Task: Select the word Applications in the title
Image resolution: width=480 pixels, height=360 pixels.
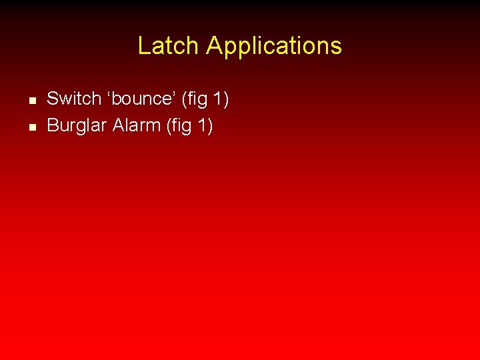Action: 273,46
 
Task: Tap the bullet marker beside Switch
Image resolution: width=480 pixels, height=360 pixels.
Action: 31,101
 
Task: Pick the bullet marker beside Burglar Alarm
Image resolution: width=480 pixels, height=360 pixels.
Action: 31,126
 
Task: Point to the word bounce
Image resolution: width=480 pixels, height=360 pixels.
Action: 141,99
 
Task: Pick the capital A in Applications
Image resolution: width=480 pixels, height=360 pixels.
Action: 213,46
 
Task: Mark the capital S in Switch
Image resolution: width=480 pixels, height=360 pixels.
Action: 53,99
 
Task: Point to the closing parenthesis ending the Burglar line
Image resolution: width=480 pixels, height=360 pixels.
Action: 211,125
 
